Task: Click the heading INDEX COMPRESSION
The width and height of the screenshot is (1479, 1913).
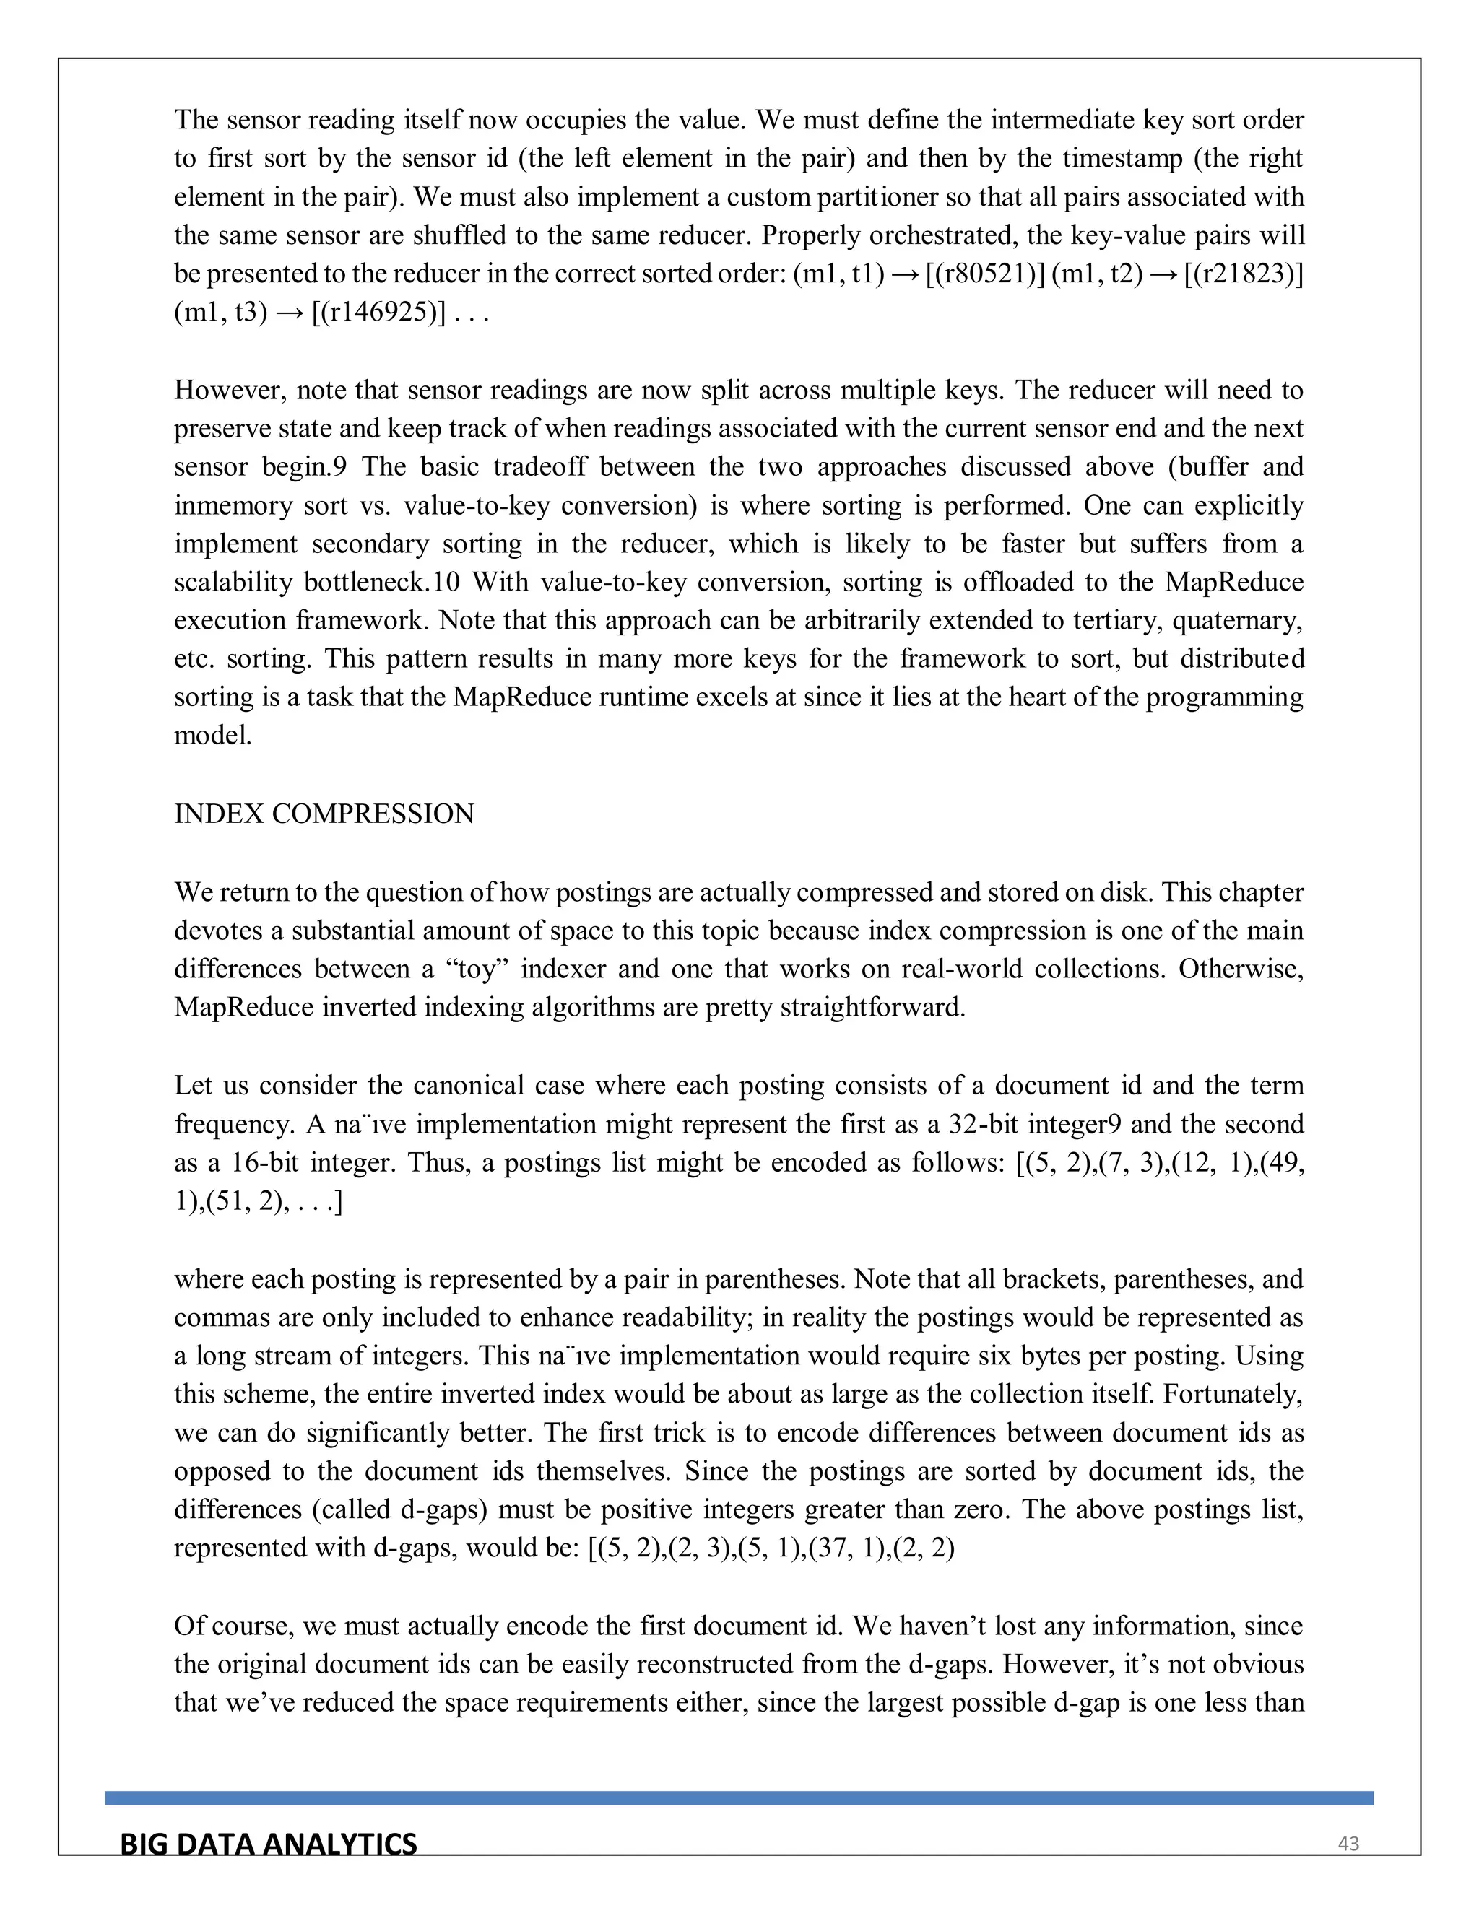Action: coord(324,814)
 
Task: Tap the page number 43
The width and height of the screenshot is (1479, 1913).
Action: coord(1348,1844)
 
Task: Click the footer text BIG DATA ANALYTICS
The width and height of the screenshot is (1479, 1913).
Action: coord(268,1844)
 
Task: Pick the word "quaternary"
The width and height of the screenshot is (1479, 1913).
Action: coord(1236,621)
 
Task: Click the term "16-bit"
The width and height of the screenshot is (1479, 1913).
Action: coord(267,1162)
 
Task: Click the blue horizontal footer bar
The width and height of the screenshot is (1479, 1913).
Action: coord(739,1798)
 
